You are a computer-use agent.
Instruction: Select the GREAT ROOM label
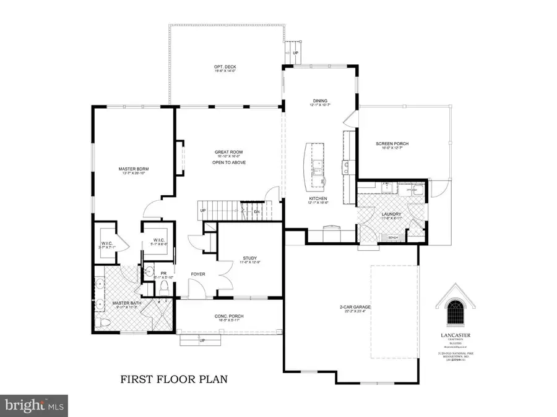click(227, 153)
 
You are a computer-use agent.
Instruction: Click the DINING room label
click(320, 101)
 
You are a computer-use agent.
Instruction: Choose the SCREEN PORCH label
click(392, 144)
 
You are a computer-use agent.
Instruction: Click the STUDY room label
click(250, 259)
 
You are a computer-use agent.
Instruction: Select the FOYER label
click(197, 274)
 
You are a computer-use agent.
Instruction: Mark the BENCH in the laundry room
click(392, 237)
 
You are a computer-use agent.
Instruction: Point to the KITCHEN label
click(318, 199)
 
